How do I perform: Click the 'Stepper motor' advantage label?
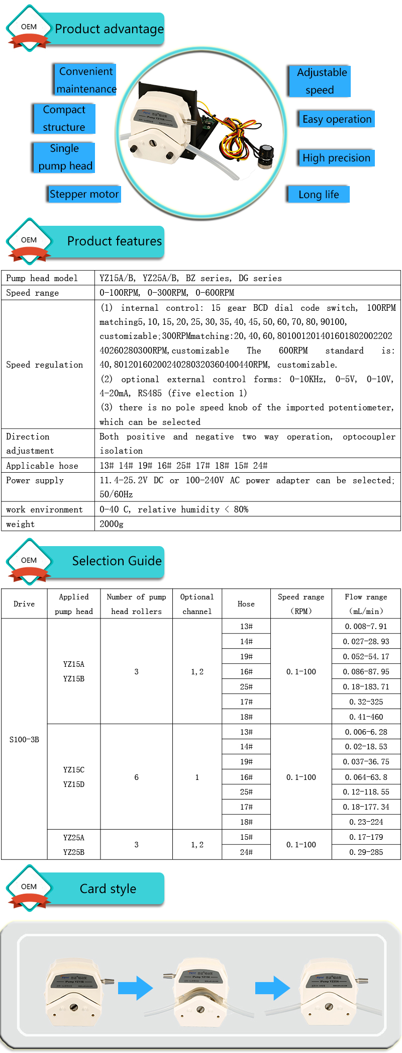(84, 194)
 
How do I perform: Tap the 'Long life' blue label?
(318, 195)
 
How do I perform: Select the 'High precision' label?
(336, 158)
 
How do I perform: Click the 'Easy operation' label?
(336, 119)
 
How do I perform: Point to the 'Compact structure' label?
(64, 119)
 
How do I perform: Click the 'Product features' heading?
(114, 241)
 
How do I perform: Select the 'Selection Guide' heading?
(117, 561)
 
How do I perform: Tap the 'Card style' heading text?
(108, 889)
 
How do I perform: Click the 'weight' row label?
(21, 524)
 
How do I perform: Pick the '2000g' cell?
(111, 524)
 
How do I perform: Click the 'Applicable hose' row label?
(42, 466)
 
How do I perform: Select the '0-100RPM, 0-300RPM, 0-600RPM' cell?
(167, 293)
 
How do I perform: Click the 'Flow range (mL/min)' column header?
(366, 604)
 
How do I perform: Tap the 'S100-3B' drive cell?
(24, 740)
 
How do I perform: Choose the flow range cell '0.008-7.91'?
(366, 627)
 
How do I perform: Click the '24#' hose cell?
(246, 852)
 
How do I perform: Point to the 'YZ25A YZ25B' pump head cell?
(74, 845)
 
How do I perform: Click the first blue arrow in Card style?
(135, 988)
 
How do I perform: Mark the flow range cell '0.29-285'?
(366, 852)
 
